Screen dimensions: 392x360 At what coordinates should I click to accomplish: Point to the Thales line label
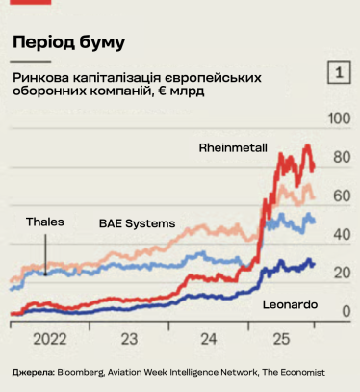click(x=45, y=222)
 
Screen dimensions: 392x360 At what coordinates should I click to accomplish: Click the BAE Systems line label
click(x=137, y=222)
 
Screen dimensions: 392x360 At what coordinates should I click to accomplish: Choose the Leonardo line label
click(x=290, y=304)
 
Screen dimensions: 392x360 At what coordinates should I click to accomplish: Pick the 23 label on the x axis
click(x=128, y=339)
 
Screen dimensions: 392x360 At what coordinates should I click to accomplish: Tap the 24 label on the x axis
click(x=205, y=339)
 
